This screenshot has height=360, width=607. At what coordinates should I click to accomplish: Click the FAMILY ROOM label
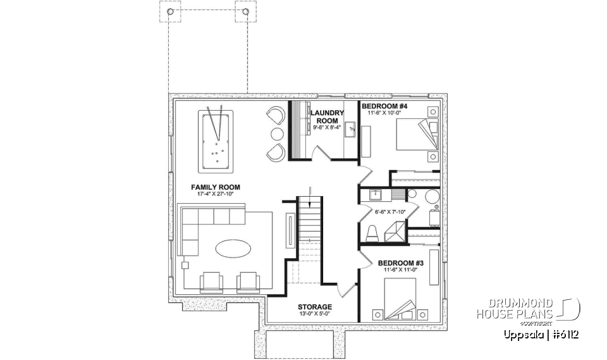point(216,187)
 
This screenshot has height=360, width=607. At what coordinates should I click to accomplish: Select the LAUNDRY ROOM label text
point(328,116)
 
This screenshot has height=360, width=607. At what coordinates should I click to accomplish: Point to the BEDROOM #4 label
point(384,106)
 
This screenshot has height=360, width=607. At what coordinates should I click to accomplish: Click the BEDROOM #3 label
point(401,263)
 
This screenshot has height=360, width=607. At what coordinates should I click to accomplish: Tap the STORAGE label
point(316,307)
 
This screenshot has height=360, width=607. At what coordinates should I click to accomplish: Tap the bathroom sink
point(374,194)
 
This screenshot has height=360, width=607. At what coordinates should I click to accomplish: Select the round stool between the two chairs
point(277,133)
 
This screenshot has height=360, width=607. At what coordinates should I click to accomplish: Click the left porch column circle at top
point(169,12)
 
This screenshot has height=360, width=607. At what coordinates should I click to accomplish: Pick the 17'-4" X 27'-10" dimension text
point(216,195)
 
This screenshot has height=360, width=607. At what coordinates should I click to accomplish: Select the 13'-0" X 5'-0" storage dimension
point(316,314)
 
